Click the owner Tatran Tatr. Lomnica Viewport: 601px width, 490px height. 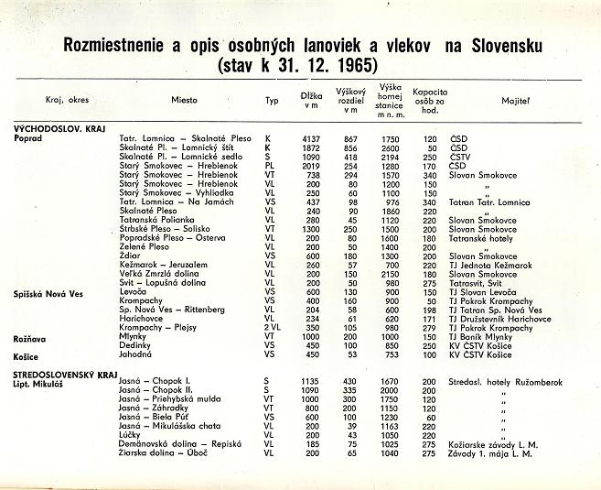click(492, 201)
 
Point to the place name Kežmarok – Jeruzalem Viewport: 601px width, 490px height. click(164, 265)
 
